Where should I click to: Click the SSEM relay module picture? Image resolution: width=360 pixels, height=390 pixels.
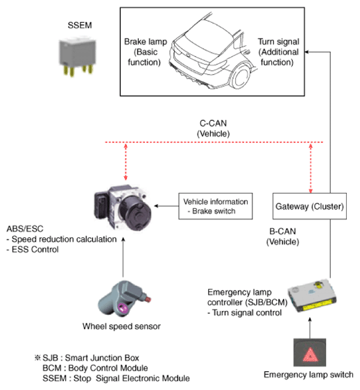point(77,57)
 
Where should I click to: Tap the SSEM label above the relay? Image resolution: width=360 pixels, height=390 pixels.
point(80,25)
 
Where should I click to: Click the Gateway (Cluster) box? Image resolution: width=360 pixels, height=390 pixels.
point(309,206)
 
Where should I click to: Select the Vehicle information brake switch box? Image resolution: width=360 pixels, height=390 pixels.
point(216,206)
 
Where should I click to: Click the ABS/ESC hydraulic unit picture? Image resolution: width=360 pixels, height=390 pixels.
point(123,208)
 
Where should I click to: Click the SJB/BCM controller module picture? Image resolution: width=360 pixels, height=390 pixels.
point(313,296)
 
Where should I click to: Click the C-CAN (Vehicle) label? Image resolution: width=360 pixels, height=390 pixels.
point(214,128)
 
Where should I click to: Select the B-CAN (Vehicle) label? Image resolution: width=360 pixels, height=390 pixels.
point(283,237)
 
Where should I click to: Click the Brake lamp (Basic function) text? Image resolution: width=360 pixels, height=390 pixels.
point(146,52)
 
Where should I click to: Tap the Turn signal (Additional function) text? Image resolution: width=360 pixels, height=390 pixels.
point(278,52)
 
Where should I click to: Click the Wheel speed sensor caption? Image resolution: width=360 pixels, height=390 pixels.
point(121,326)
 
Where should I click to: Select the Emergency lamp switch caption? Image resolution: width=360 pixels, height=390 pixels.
point(309,375)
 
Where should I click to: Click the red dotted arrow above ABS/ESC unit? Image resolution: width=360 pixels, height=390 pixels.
point(126,162)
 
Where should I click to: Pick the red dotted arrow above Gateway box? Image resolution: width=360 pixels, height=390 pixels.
point(311,168)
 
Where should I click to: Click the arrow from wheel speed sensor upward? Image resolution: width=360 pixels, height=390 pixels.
point(123,257)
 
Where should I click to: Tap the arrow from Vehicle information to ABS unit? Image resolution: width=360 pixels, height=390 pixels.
point(166,206)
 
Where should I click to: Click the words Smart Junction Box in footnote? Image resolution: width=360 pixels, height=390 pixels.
point(102,358)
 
